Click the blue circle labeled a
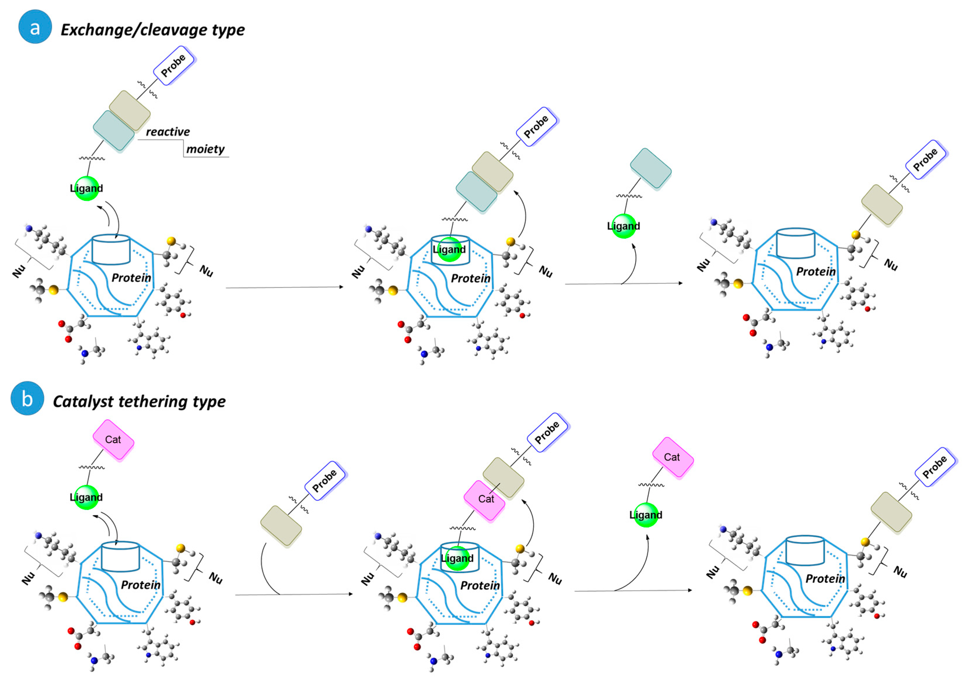[x=35, y=27]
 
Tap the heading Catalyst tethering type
[x=139, y=402]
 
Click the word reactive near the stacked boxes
[x=168, y=132]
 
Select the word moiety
[x=205, y=149]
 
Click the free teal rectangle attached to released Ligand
[x=651, y=169]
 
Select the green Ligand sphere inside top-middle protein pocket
[x=449, y=249]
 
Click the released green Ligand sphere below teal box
[x=623, y=226]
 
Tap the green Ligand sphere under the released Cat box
[x=646, y=515]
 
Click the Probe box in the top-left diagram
[x=173, y=66]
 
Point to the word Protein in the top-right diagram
[x=816, y=272]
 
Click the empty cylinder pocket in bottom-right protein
[x=805, y=550]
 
